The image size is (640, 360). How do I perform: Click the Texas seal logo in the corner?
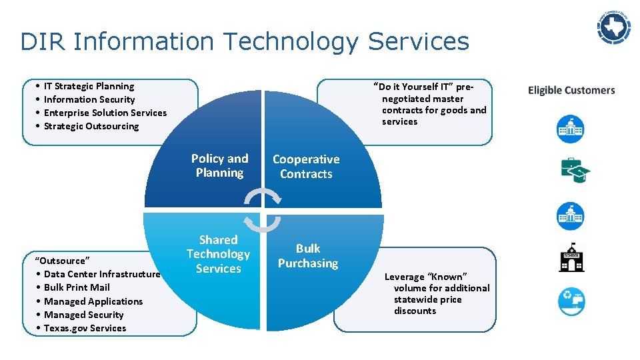coord(613,27)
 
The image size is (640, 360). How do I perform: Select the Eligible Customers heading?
coord(571,91)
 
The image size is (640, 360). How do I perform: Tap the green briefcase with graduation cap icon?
coord(574,170)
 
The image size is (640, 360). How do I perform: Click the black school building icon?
coord(571,257)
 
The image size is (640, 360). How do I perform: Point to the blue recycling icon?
coord(571,301)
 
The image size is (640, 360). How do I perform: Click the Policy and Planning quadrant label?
coord(219,165)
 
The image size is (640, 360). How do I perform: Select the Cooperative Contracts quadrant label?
coord(306,167)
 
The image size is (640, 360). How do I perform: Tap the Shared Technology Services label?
coord(218,254)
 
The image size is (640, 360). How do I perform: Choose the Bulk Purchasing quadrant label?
coord(308,256)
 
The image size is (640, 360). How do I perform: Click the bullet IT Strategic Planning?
coord(89,86)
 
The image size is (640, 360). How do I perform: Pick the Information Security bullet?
coord(89,99)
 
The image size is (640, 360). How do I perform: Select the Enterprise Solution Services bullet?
coord(105,113)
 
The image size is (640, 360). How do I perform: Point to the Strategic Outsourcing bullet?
coord(91,126)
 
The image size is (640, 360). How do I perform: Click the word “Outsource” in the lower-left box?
coord(62,260)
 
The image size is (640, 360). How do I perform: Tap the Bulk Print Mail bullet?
coord(77,287)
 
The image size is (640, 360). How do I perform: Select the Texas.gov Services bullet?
coord(85,328)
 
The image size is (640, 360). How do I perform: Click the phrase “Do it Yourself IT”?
coord(415,87)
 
